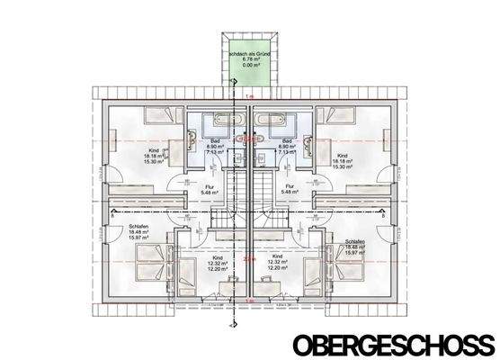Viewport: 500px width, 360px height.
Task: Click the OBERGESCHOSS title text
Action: click(x=392, y=344)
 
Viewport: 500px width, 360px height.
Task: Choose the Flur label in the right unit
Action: click(x=290, y=188)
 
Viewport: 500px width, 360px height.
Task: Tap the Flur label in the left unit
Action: click(x=206, y=188)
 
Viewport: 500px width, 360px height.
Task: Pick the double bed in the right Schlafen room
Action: click(x=346, y=265)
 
